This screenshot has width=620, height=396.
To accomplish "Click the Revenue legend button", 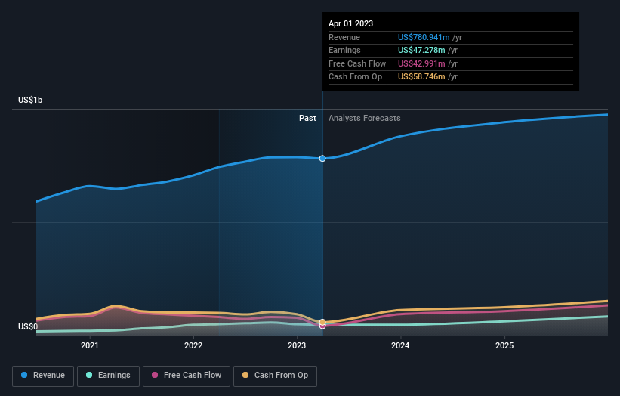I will coord(43,375).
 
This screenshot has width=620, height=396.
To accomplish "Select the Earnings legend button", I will coord(108,375).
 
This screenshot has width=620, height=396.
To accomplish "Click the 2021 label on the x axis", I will coord(90,345).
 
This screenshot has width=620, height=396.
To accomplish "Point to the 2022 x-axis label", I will coord(193,345).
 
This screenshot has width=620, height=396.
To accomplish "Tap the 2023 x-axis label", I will coord(297,345).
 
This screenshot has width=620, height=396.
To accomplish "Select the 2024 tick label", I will coord(400,345).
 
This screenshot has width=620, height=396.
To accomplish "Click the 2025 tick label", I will coord(504,345).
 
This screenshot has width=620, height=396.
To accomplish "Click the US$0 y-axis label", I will coord(28,326).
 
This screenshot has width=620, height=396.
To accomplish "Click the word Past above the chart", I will coord(307,118).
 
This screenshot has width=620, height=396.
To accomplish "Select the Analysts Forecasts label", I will coord(365,118).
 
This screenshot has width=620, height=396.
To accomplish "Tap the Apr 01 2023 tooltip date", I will coord(350,24).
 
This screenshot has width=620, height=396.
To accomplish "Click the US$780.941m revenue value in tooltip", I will coord(424,38).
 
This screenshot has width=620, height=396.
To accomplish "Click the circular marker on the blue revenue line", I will coord(322,159).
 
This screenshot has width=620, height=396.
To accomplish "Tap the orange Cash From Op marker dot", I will coord(322,322).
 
